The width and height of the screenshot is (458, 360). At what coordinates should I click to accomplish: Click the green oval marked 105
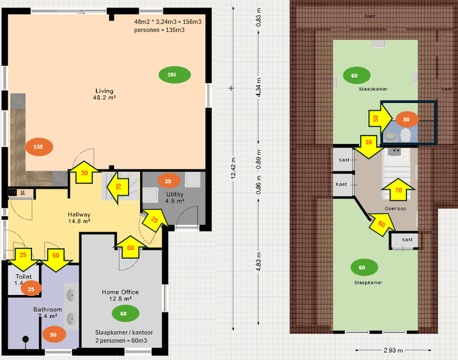172,75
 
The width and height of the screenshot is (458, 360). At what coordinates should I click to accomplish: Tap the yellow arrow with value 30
84,173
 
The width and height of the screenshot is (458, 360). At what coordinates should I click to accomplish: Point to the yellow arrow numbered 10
368,145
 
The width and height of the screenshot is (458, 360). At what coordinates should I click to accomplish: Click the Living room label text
104,94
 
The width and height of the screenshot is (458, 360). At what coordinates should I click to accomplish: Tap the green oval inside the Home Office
124,313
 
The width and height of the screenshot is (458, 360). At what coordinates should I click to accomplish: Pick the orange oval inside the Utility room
168,181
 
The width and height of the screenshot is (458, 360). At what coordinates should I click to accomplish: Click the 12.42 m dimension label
234,169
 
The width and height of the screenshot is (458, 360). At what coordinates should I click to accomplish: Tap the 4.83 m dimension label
258,262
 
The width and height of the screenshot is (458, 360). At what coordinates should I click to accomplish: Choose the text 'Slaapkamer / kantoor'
124,332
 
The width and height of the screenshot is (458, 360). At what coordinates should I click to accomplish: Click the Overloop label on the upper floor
395,209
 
